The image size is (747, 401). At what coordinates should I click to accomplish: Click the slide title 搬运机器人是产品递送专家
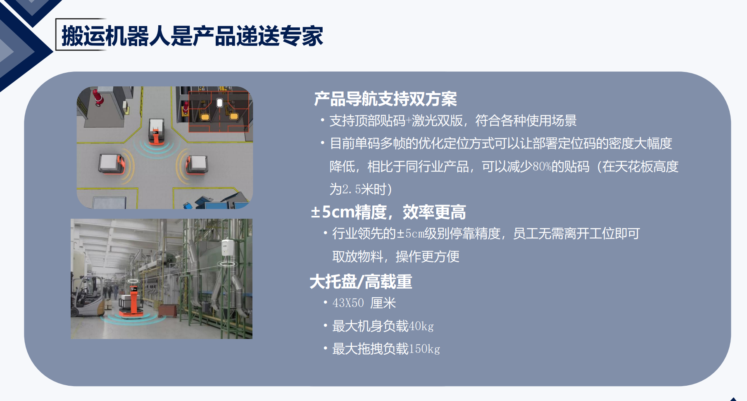click(x=192, y=36)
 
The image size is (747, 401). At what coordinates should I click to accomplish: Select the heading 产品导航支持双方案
click(x=385, y=99)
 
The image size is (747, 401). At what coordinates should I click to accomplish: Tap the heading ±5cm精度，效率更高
click(x=388, y=212)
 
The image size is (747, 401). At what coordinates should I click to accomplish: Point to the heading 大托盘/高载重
click(x=361, y=282)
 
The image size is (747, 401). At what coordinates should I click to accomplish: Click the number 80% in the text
click(x=542, y=167)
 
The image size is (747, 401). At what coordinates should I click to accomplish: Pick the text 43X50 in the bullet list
click(x=348, y=303)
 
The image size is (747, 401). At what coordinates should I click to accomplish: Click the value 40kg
click(x=421, y=326)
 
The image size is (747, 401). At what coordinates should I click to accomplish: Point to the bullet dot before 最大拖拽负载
click(x=326, y=348)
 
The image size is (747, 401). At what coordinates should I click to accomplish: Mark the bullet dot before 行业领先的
click(x=326, y=233)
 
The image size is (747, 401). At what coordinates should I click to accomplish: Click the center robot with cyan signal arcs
click(x=156, y=131)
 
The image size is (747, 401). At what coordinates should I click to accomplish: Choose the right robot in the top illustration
click(x=197, y=164)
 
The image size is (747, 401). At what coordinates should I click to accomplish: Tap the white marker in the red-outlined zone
click(x=220, y=103)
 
